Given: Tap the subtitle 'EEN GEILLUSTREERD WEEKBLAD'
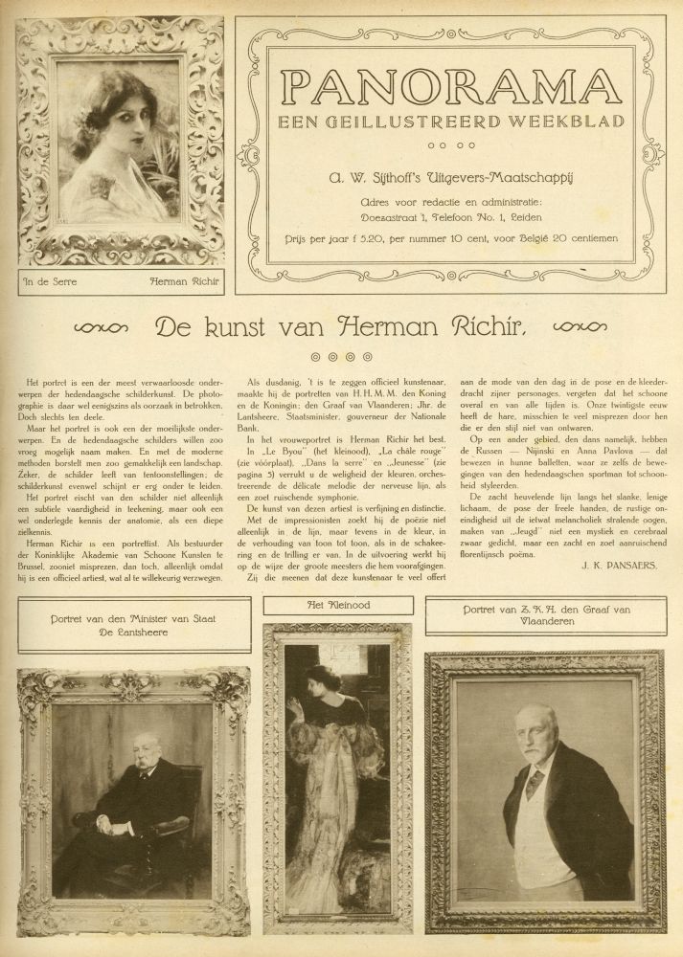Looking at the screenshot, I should pos(449,121).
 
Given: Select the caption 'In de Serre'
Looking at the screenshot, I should pos(51,282).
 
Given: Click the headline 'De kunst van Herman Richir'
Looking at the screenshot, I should pos(340,328).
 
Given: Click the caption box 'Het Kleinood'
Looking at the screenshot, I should pos(337,605).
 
